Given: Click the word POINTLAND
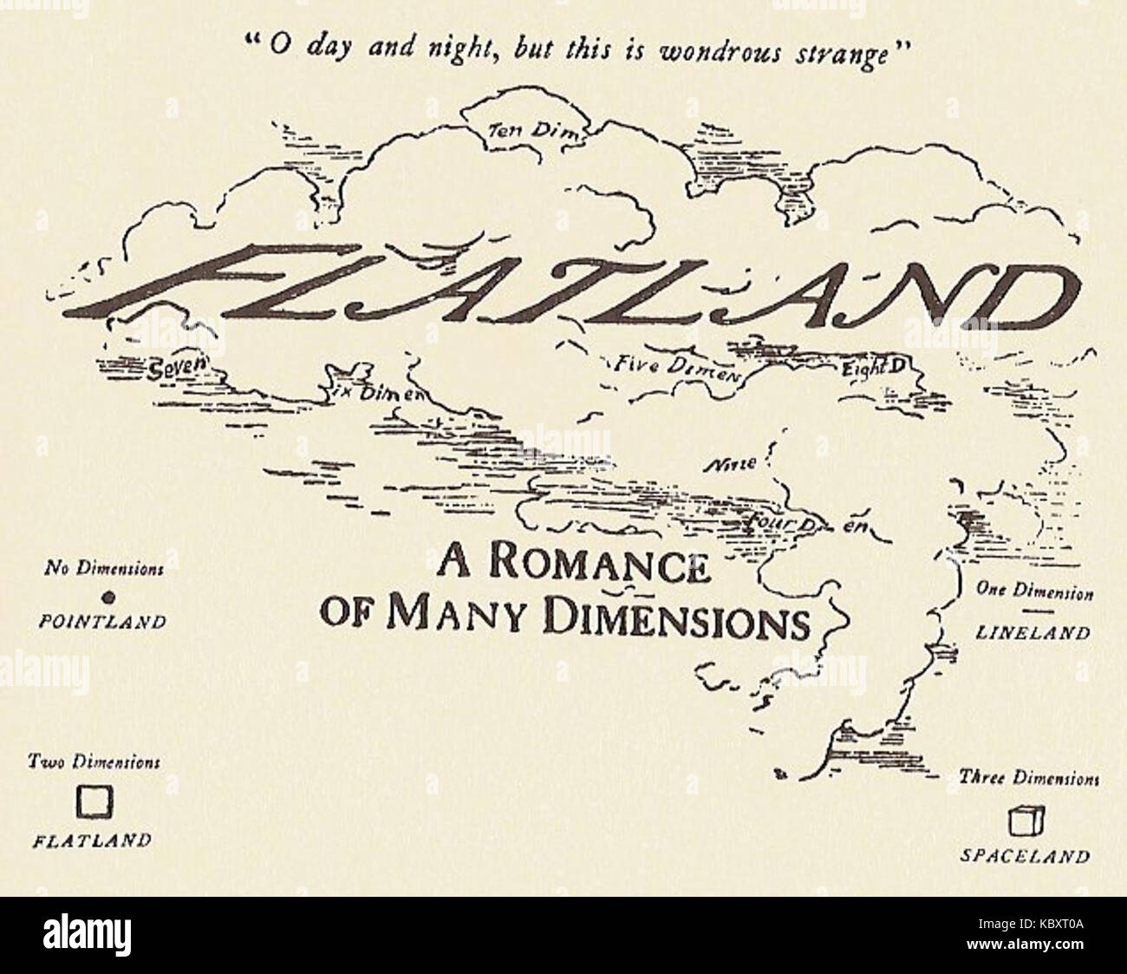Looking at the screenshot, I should point(103,621).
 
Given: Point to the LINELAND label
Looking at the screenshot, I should point(1033,632).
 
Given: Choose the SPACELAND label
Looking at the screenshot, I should point(1024,856).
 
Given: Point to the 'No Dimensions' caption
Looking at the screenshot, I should point(104,570).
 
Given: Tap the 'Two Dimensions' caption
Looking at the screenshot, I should point(94,762).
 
